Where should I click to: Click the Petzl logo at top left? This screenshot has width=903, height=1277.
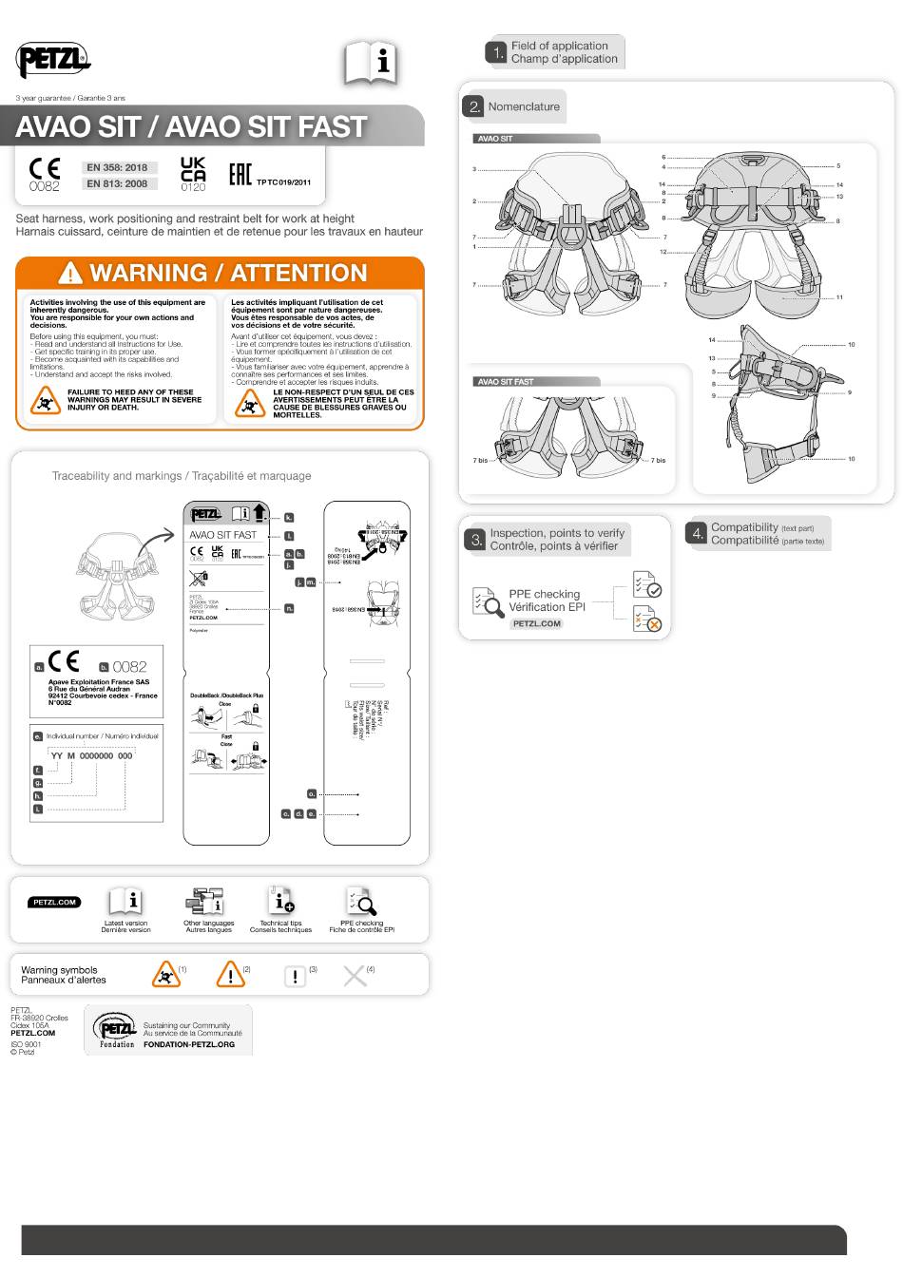pyautogui.click(x=53, y=61)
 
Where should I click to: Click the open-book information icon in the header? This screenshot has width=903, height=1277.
pyautogui.click(x=370, y=63)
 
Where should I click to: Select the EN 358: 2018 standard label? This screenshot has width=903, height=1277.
pyautogui.click(x=117, y=168)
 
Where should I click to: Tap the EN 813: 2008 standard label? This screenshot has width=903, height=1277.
pyautogui.click(x=117, y=183)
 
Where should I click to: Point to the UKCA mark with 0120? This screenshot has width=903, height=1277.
pyautogui.click(x=193, y=175)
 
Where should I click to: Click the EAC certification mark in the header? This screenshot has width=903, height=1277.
pyautogui.click(x=240, y=175)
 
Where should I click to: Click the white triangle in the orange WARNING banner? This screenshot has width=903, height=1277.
pyautogui.click(x=70, y=274)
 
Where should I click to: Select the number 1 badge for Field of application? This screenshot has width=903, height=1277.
pyautogui.click(x=497, y=52)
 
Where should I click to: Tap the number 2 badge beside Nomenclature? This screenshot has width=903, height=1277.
pyautogui.click(x=474, y=106)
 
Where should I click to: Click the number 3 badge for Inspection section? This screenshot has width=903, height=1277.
pyautogui.click(x=475, y=540)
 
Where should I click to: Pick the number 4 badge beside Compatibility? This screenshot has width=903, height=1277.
pyautogui.click(x=697, y=534)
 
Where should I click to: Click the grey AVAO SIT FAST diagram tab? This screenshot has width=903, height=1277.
pyautogui.click(x=536, y=382)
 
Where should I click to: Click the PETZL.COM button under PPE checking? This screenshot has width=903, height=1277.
pyautogui.click(x=536, y=623)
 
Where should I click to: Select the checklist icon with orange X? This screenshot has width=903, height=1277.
pyautogui.click(x=647, y=619)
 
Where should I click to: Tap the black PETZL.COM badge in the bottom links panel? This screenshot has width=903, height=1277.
pyautogui.click(x=54, y=902)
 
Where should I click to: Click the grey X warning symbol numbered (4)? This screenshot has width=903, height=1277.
pyautogui.click(x=354, y=976)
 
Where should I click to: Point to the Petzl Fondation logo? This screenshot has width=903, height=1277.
pyautogui.click(x=114, y=1030)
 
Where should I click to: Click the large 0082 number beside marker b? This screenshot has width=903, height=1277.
pyautogui.click(x=130, y=667)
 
